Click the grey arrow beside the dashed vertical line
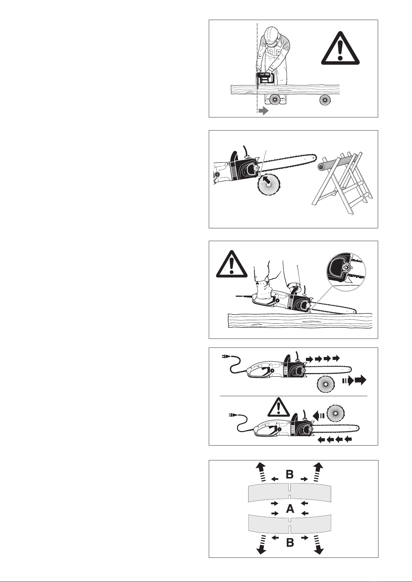point(263,111)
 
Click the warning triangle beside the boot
point(232,264)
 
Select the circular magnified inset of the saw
point(346,272)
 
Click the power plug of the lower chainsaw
point(231,416)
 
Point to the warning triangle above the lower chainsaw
point(278,408)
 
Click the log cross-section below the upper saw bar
point(326,384)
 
